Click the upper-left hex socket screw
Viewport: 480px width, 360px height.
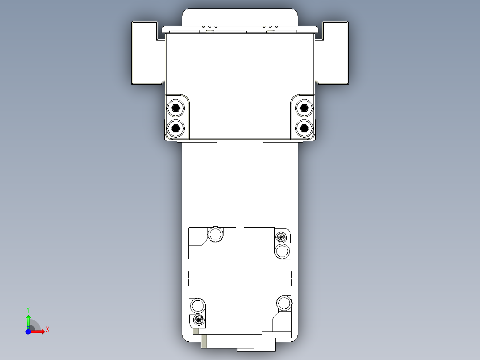pyautogui.click(x=176, y=108)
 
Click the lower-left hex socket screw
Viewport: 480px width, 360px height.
pyautogui.click(x=176, y=128)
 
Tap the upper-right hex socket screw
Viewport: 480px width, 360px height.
pyautogui.click(x=304, y=108)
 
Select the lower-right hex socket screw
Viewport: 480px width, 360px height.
pyautogui.click(x=304, y=128)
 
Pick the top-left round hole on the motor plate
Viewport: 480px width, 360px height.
pyautogui.click(x=216, y=234)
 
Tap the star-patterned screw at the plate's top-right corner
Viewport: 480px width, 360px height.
pyautogui.click(x=281, y=237)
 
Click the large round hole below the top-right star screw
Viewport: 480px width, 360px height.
pyautogui.click(x=282, y=251)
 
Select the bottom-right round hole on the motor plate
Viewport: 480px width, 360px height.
pyautogui.click(x=284, y=303)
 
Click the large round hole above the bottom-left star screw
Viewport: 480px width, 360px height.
pyautogui.click(x=198, y=306)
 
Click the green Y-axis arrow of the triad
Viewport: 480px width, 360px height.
pyautogui.click(x=28, y=320)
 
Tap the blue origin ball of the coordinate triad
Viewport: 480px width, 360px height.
pyautogui.click(x=28, y=331)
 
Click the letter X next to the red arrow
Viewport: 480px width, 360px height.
pyautogui.click(x=47, y=330)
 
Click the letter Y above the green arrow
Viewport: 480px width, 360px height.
pyautogui.click(x=28, y=309)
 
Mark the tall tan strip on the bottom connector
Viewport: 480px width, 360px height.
pyautogui.click(x=204, y=341)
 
